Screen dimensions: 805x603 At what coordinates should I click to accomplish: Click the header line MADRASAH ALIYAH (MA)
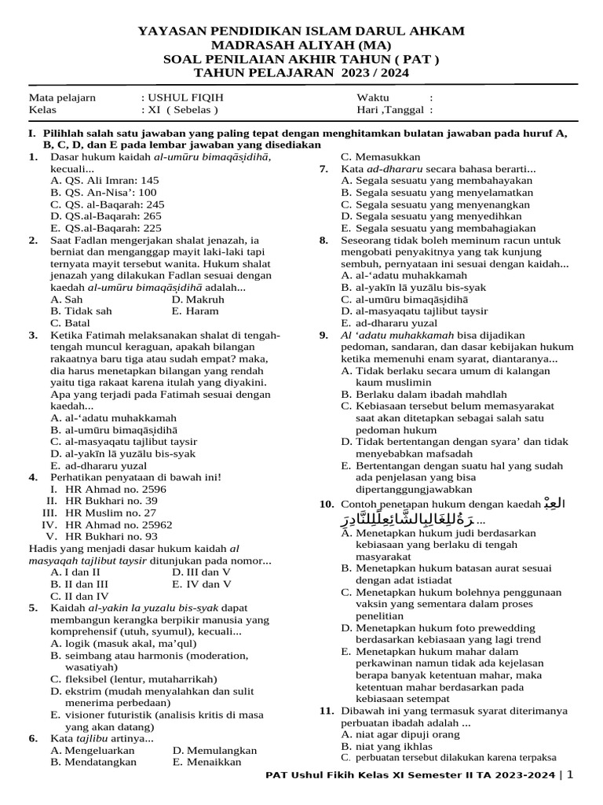pyautogui.click(x=301, y=45)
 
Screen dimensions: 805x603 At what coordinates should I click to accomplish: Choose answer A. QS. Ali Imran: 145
pyautogui.click(x=104, y=180)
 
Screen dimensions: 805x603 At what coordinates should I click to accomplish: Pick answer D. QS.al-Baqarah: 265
pyautogui.click(x=106, y=215)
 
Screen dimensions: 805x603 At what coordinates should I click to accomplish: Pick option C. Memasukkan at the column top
pyautogui.click(x=381, y=156)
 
